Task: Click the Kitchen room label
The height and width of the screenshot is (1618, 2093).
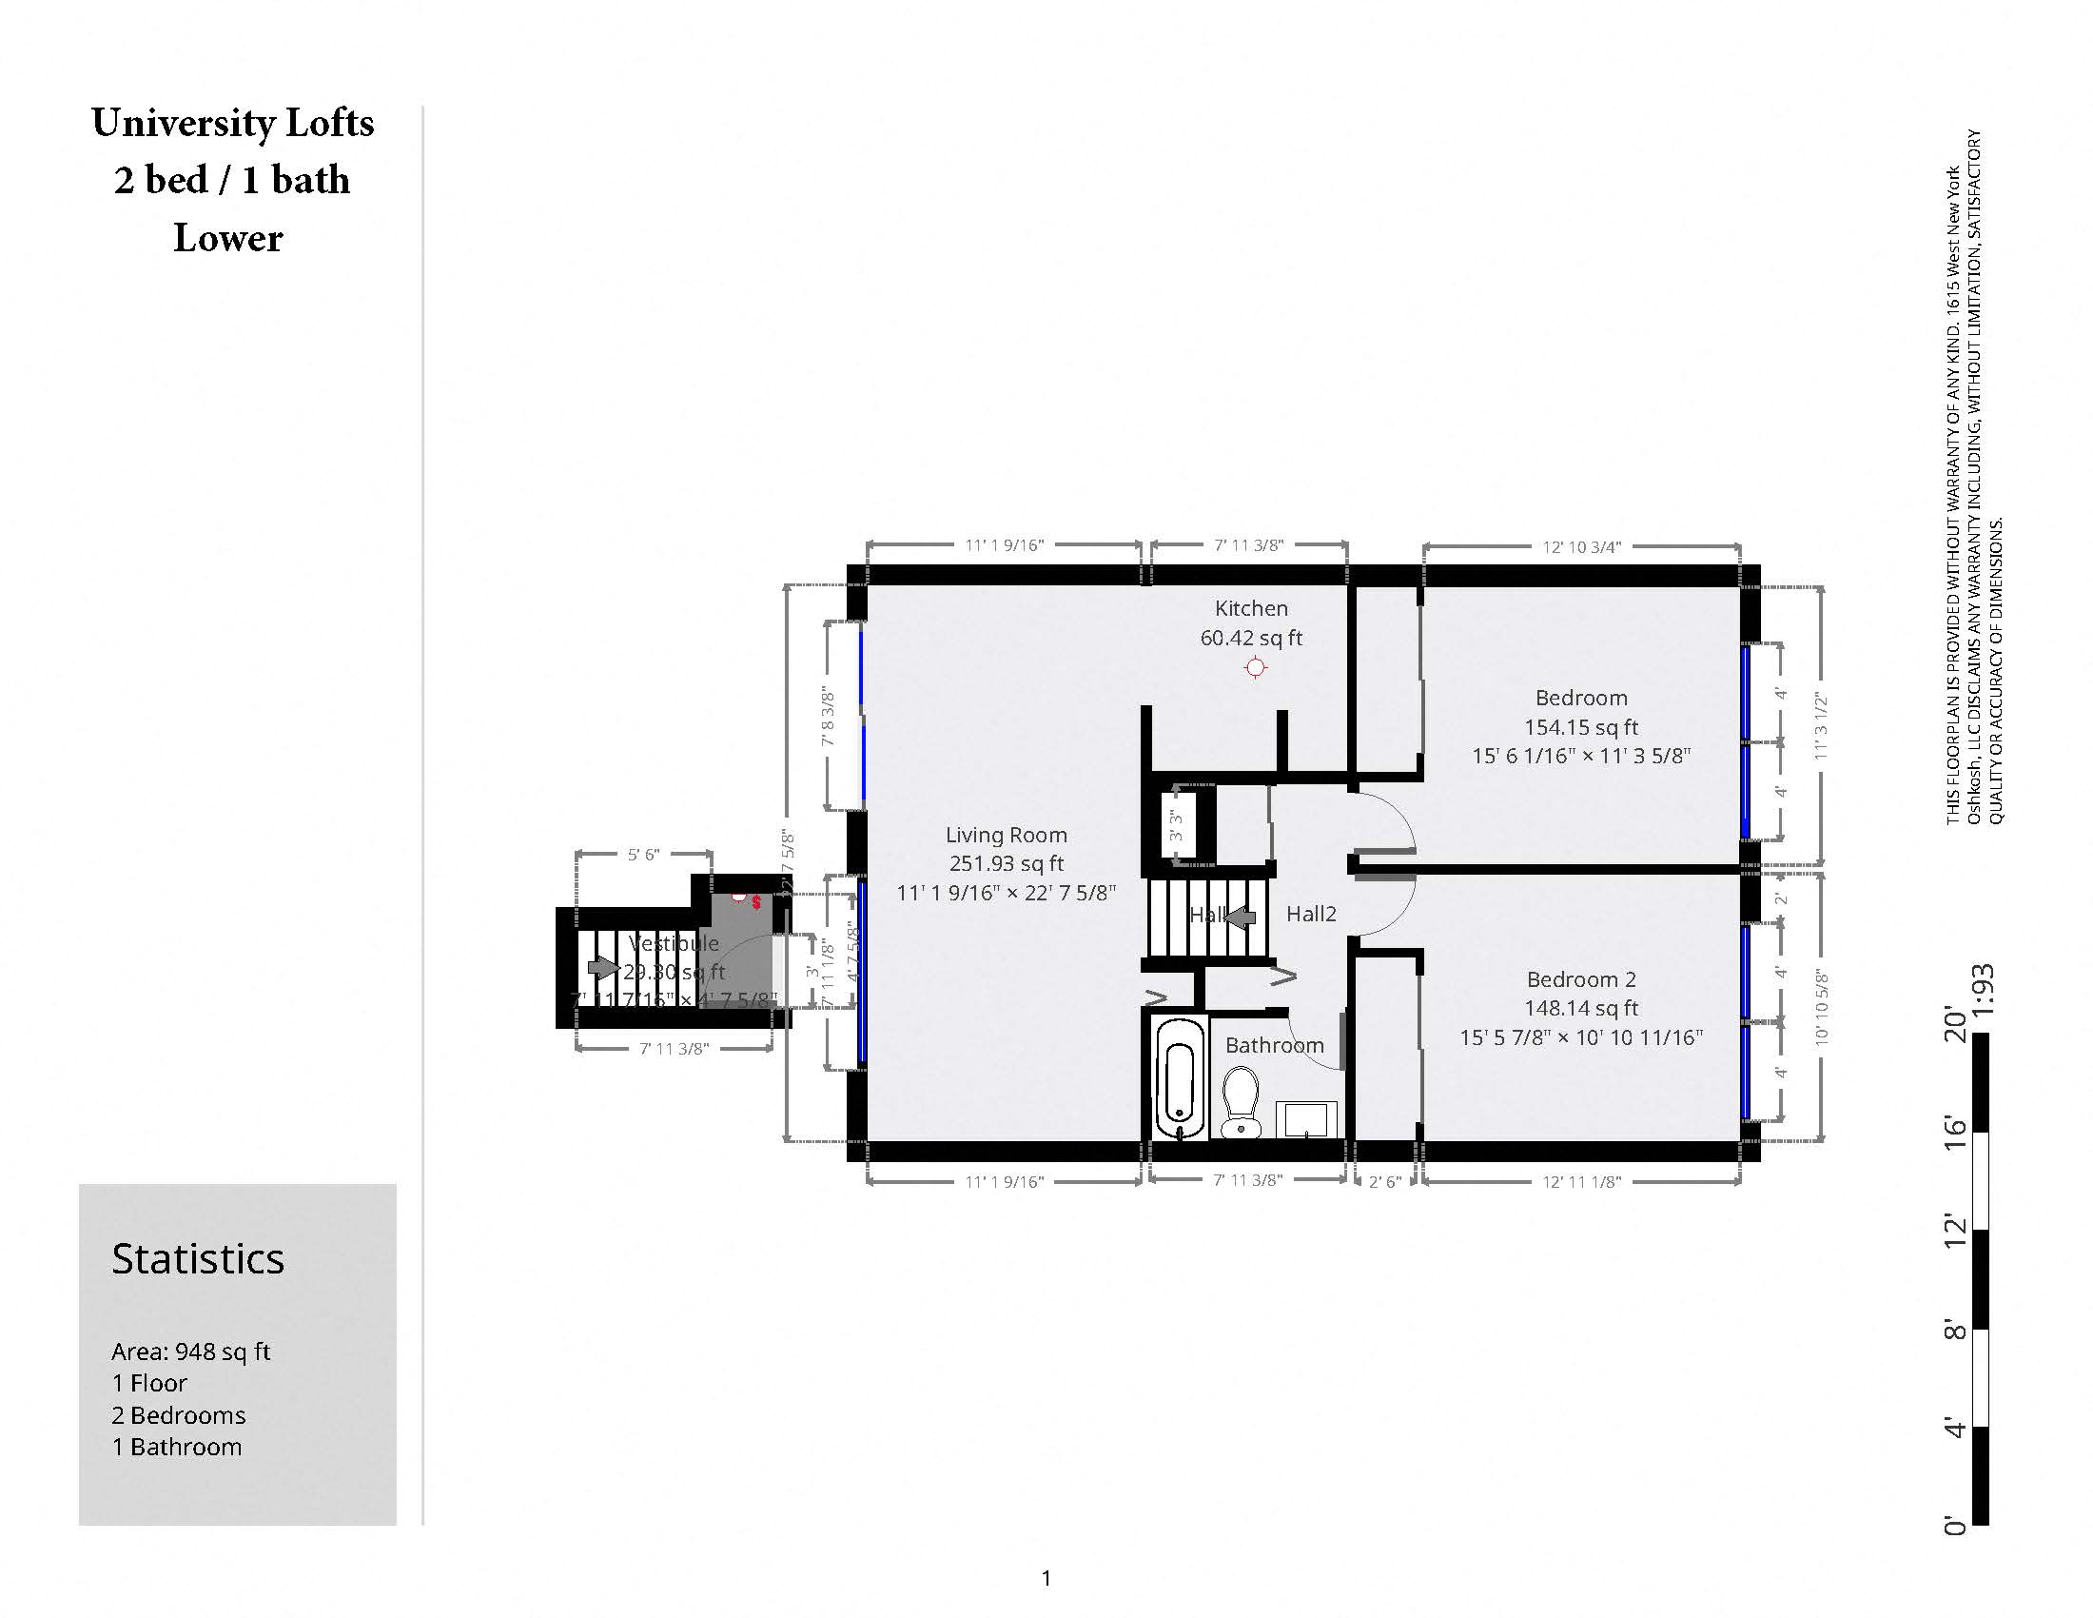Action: click(1251, 608)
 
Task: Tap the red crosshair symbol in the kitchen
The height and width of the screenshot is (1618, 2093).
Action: click(1255, 668)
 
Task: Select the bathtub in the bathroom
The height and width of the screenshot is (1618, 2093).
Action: click(1179, 1079)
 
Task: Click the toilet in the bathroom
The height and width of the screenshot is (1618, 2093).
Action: click(1241, 1103)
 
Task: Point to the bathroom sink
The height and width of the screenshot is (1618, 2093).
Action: click(1306, 1118)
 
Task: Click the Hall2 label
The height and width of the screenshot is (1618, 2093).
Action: click(1310, 914)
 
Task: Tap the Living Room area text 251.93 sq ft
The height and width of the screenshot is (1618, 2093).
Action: click(1007, 862)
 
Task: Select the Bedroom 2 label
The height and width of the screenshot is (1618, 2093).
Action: click(1580, 978)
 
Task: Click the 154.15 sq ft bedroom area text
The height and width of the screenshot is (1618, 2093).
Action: click(1580, 726)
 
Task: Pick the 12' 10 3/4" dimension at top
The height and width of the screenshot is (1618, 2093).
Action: click(1580, 547)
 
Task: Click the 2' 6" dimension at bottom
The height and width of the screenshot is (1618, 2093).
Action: click(1384, 1182)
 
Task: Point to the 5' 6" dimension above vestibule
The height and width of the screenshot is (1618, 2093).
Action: click(643, 854)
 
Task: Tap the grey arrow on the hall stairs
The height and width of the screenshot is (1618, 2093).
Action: click(1240, 918)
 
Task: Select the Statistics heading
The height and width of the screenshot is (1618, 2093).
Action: click(198, 1258)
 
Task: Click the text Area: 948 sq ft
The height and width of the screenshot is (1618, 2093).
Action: click(190, 1352)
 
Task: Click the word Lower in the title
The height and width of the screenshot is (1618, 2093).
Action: click(228, 238)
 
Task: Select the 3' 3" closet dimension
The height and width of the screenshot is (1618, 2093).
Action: click(1176, 825)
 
